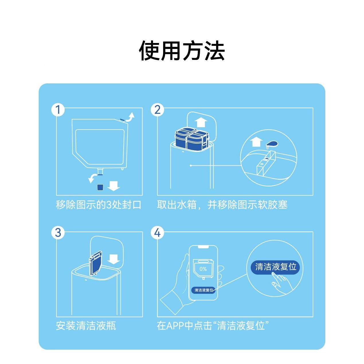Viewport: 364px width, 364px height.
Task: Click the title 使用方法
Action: [x=182, y=51]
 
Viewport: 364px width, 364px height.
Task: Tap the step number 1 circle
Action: [x=58, y=110]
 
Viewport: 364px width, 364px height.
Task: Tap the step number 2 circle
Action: [x=157, y=110]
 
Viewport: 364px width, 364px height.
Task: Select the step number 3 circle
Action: [x=58, y=232]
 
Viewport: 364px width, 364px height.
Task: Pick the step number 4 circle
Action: [x=157, y=232]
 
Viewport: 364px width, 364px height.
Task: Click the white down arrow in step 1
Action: [x=114, y=187]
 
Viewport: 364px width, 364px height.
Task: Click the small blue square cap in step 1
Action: [x=100, y=187]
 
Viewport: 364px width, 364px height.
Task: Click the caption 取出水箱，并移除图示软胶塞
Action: [x=222, y=205]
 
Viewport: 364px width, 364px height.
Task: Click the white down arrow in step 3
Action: [x=114, y=259]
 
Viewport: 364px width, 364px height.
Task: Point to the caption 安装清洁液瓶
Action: [x=86, y=326]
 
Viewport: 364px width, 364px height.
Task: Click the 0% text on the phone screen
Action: [x=203, y=269]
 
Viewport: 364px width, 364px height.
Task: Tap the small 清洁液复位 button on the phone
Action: [x=204, y=290]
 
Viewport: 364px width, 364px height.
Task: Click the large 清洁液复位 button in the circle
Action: [x=275, y=267]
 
